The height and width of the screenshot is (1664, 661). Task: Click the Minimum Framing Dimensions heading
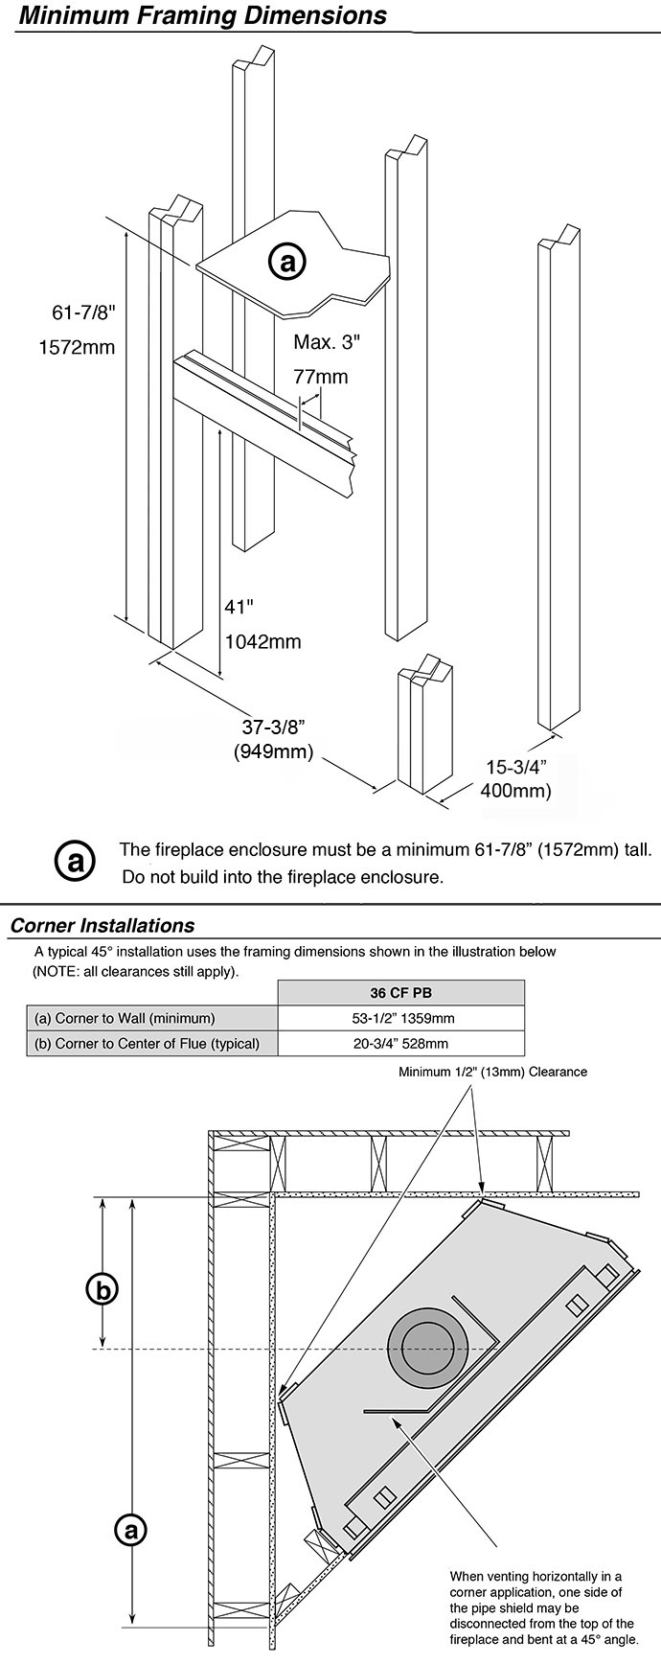[x=202, y=16]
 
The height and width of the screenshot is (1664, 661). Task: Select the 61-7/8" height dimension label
[x=83, y=312]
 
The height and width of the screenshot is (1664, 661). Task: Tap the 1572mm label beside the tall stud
[x=77, y=347]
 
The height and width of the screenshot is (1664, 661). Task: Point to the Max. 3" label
[x=328, y=341]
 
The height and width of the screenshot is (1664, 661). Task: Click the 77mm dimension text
[x=321, y=377]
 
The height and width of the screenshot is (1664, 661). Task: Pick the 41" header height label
[x=239, y=607]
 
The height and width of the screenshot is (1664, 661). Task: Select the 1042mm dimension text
[x=262, y=641]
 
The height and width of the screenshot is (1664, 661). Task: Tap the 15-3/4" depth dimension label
[x=516, y=767]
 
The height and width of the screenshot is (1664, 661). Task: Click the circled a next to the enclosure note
[x=75, y=860]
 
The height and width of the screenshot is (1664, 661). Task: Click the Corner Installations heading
[x=103, y=926]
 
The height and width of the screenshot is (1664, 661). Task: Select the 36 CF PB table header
[x=400, y=993]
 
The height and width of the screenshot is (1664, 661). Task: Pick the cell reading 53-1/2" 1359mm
[x=400, y=1018]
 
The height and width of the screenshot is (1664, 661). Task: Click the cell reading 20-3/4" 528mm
[x=400, y=1044]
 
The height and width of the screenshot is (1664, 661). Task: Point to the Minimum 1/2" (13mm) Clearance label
[x=493, y=1072]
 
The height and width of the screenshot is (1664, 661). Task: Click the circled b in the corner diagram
[x=103, y=1289]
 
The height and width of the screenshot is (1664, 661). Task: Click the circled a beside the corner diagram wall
[x=129, y=1530]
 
